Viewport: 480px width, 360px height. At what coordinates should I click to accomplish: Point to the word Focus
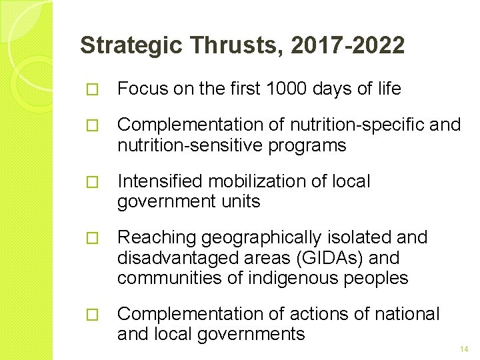142,89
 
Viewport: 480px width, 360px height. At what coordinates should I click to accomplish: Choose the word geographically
264,238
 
